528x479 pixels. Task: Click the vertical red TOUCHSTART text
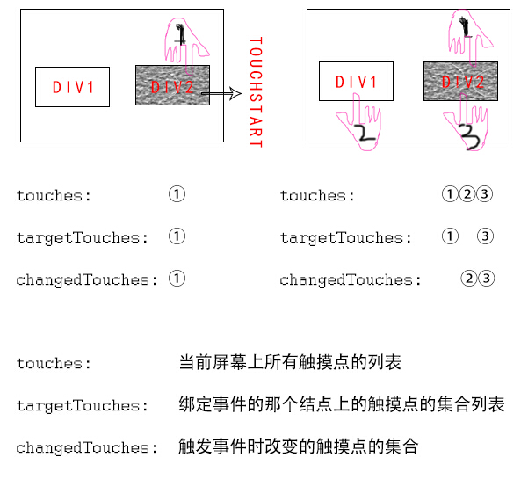click(x=256, y=91)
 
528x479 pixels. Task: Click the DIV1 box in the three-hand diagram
click(x=356, y=82)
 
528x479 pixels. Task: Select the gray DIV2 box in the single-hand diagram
click(x=172, y=86)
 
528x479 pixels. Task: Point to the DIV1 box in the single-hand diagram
click(x=73, y=87)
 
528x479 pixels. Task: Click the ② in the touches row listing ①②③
click(x=467, y=195)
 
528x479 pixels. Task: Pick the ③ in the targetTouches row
click(x=486, y=237)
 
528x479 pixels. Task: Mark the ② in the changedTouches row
click(x=468, y=279)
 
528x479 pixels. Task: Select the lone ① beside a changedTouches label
click(x=177, y=279)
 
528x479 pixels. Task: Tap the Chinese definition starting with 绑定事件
click(x=341, y=405)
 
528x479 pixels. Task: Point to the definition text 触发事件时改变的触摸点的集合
click(x=298, y=447)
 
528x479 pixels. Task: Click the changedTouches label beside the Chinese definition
click(x=77, y=447)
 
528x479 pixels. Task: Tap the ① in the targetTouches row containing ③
click(x=450, y=237)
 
